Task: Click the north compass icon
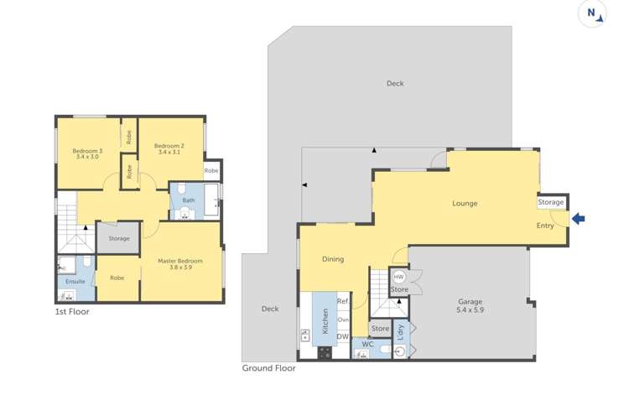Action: (x=592, y=13)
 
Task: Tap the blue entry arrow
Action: (x=579, y=219)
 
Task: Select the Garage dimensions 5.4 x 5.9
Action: (x=470, y=310)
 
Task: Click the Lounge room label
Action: (x=465, y=203)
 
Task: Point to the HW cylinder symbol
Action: (x=399, y=277)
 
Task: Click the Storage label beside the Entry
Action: (x=551, y=202)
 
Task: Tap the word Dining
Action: (x=333, y=259)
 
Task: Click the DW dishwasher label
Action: (x=342, y=337)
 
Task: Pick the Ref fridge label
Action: (x=342, y=301)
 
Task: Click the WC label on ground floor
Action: (x=366, y=344)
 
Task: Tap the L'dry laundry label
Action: (x=400, y=330)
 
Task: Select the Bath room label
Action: (x=189, y=200)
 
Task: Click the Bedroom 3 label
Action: (x=88, y=150)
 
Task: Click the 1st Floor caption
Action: (x=71, y=311)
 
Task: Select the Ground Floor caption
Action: (x=268, y=367)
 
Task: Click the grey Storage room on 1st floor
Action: (x=119, y=238)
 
